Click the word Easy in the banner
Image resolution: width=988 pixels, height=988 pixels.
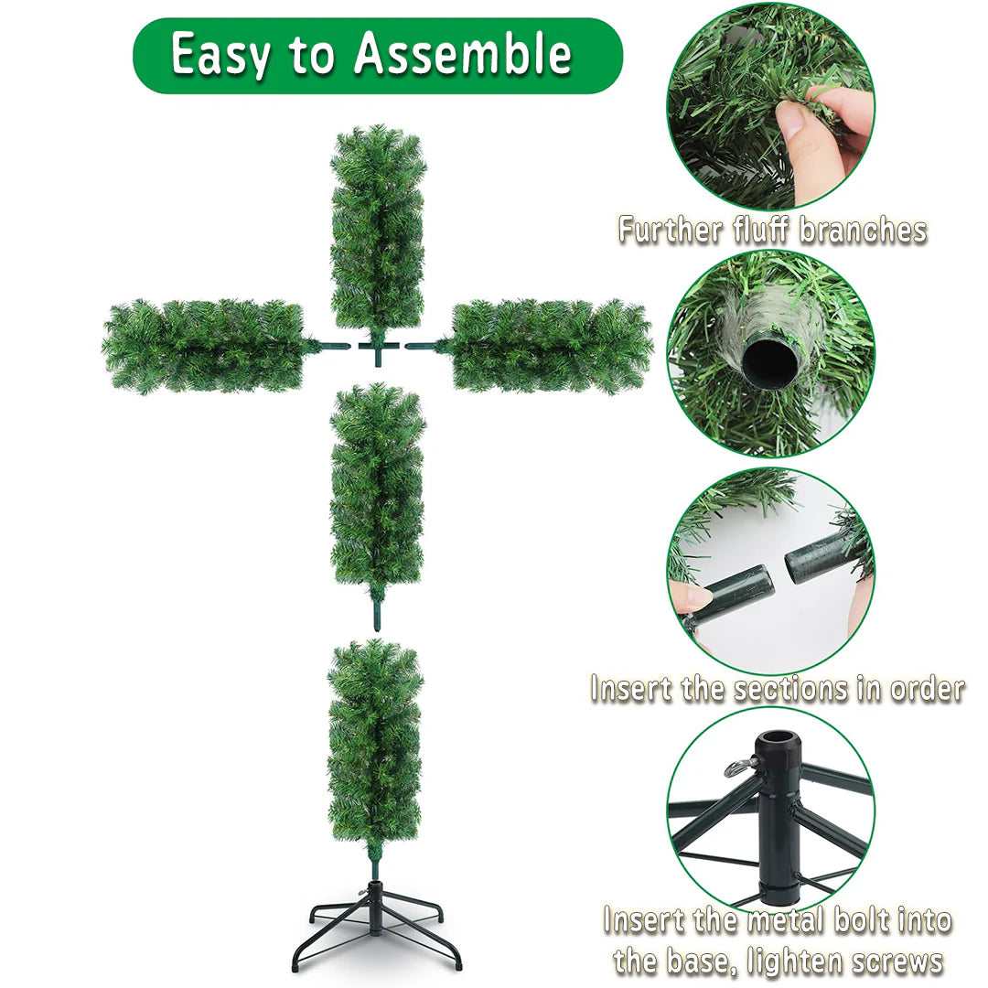[220, 56]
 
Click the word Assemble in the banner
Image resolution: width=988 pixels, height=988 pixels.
[463, 55]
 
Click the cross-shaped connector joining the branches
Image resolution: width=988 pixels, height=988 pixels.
[377, 347]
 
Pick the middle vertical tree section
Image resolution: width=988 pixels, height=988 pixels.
[377, 486]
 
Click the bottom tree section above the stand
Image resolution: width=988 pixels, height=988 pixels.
[375, 741]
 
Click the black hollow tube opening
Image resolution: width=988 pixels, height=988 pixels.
[769, 364]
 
